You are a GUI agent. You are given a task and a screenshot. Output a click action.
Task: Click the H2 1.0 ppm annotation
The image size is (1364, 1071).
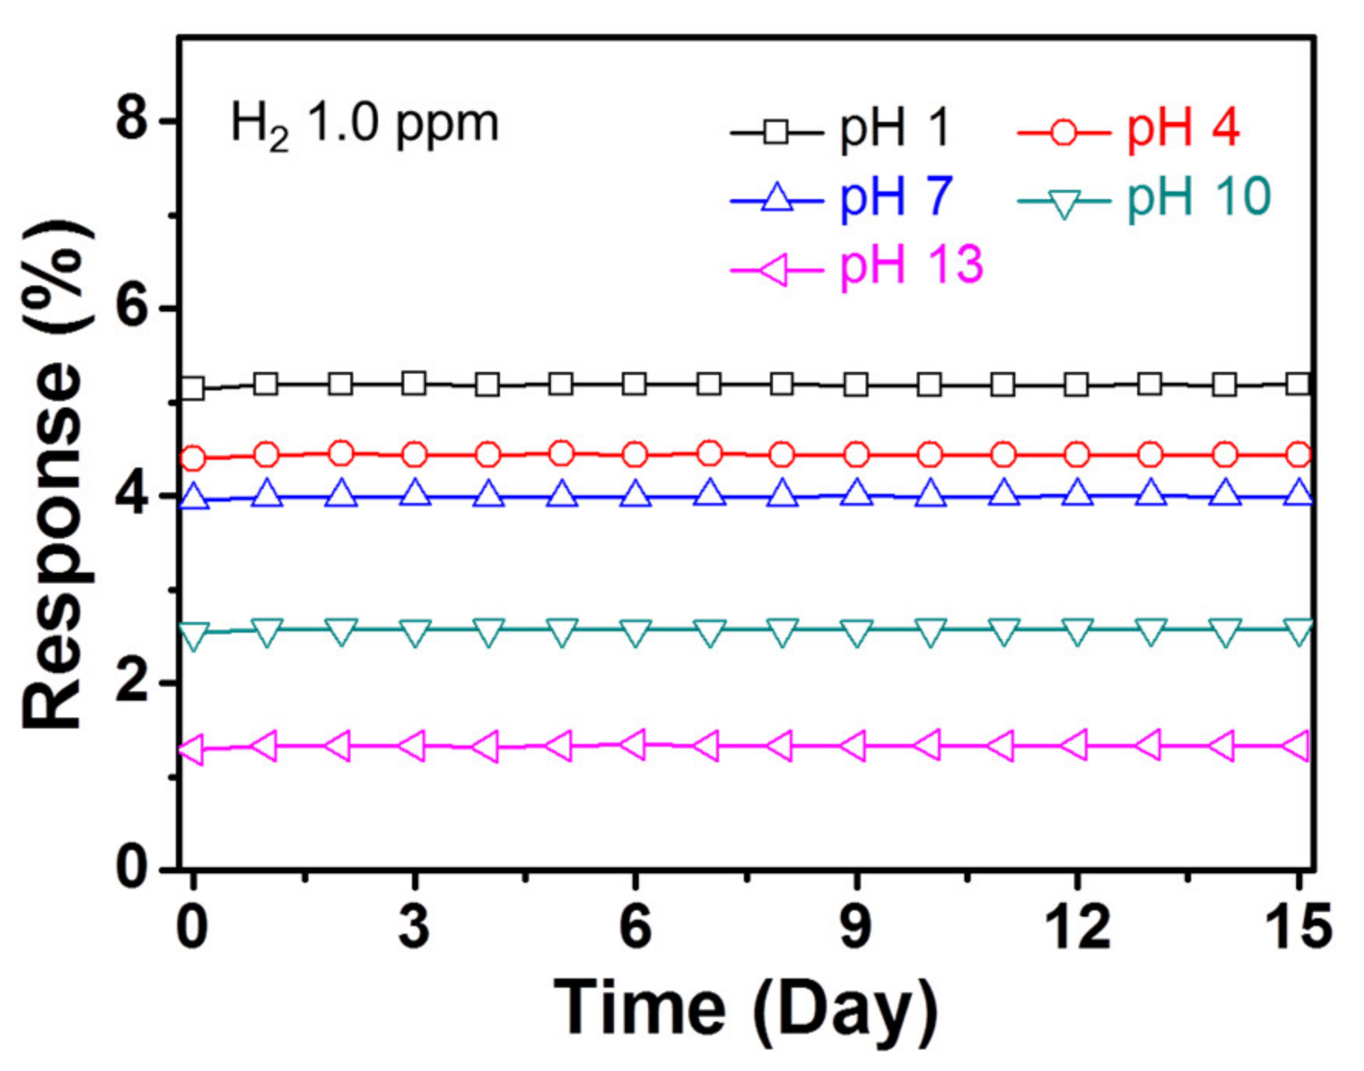(x=364, y=123)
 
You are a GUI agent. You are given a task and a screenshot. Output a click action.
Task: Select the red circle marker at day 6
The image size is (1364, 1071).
(x=635, y=454)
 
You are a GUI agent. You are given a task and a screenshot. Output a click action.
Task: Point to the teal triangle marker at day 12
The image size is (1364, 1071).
(x=1077, y=632)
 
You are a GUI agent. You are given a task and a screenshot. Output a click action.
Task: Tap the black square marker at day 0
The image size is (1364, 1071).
(x=193, y=387)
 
